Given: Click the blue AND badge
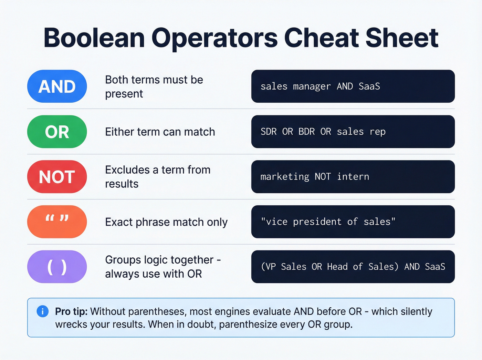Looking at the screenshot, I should pos(57,86).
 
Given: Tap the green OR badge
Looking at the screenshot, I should pos(57,132).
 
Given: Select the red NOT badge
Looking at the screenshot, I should pos(57,177).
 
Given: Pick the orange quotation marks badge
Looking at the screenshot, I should pos(57,222).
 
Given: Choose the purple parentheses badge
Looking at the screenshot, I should pos(57,267).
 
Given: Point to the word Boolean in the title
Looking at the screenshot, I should pos(94,38).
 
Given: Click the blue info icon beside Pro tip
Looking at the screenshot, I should pos(43,311).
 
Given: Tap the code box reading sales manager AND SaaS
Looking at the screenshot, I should pos(353,86).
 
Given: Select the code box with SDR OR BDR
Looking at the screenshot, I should pos(353,132).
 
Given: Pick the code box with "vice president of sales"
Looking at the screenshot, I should pos(353,222).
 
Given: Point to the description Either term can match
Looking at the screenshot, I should pos(160,132).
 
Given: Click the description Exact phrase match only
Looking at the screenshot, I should pos(166,222).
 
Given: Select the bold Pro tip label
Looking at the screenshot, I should pos(71,311).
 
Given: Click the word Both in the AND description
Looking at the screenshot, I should pos(116,80).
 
